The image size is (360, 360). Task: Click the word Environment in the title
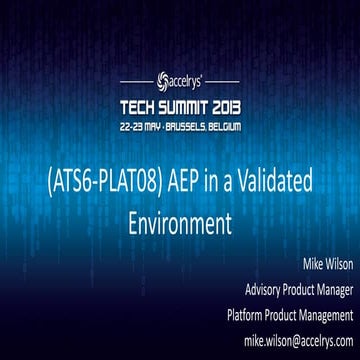click(x=179, y=219)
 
